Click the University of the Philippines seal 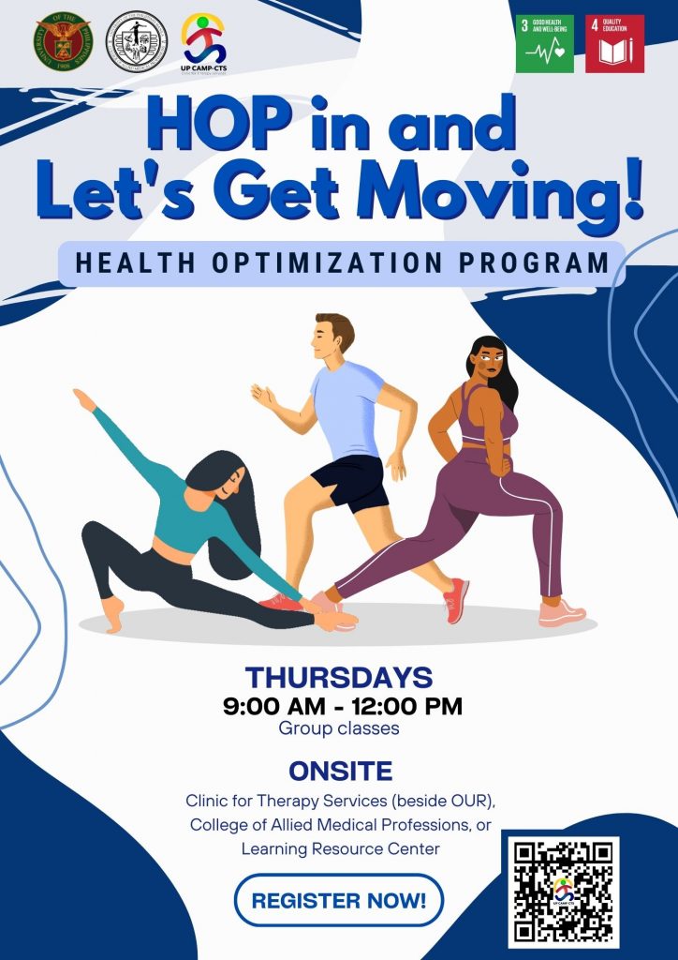[63, 42]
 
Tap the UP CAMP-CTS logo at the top [203, 39]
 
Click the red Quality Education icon [614, 43]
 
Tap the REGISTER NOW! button [338, 901]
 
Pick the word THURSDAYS [338, 677]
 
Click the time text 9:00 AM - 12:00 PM [343, 706]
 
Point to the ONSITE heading [340, 772]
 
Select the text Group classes [339, 728]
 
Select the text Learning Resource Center [340, 848]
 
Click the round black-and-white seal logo [137, 42]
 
